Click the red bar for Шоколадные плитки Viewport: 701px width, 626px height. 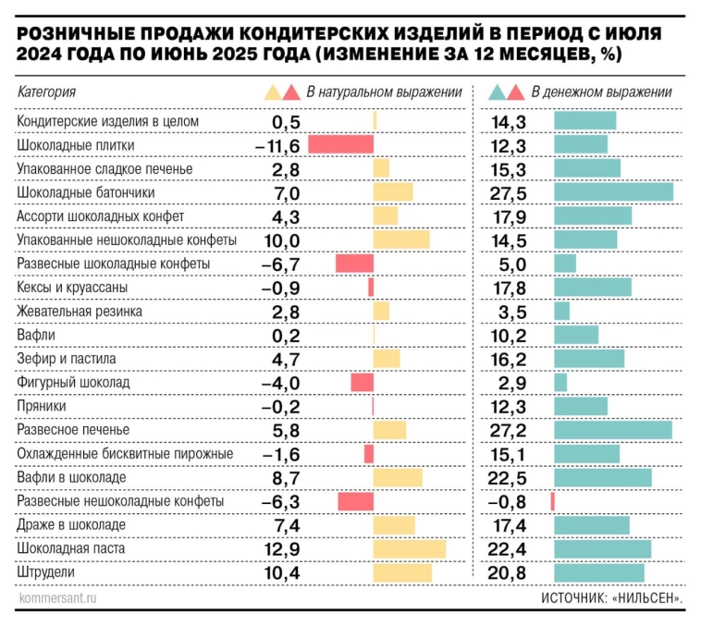340,144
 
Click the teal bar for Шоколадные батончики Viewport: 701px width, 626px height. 613,191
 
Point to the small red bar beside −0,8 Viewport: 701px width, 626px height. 552,501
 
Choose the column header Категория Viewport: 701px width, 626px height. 46,92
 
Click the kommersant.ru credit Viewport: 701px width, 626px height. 56,598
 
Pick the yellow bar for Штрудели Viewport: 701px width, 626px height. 402,573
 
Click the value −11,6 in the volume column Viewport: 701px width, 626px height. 277,144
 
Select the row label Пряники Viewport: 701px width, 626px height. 43,406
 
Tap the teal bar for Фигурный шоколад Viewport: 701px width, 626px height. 560,382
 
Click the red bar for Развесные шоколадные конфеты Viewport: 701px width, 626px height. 354,264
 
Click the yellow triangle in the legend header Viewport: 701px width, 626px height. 272,92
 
